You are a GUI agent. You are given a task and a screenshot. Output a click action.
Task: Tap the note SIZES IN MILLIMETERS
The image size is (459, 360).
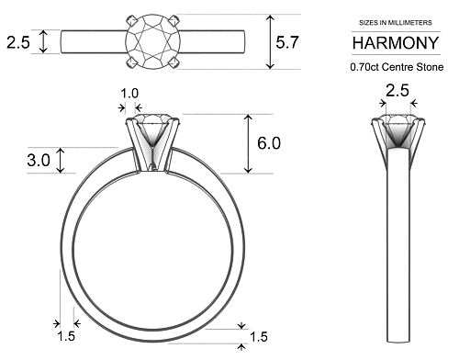point(397,22)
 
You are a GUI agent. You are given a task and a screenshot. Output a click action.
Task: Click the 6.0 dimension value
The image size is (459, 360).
point(268,143)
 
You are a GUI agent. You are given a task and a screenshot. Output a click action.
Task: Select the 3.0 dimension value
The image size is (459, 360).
point(38,160)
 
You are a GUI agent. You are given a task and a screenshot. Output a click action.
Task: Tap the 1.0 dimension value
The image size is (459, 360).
point(130,93)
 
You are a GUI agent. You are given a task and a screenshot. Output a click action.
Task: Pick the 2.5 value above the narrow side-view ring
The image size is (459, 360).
point(397,90)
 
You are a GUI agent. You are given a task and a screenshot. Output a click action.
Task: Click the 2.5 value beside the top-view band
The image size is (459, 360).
point(18,41)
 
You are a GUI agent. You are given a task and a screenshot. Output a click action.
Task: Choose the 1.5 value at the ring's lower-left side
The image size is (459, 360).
point(66,337)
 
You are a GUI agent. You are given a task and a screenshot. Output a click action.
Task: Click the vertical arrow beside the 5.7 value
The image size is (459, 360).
point(270,41)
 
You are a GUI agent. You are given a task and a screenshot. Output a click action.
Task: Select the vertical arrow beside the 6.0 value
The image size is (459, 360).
point(247,143)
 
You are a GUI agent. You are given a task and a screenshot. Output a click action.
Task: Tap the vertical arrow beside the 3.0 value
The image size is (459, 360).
point(62,160)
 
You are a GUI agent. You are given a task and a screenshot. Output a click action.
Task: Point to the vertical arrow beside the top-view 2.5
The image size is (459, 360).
point(42,41)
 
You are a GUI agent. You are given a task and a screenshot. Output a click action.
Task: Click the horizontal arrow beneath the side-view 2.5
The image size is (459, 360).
point(397,105)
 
